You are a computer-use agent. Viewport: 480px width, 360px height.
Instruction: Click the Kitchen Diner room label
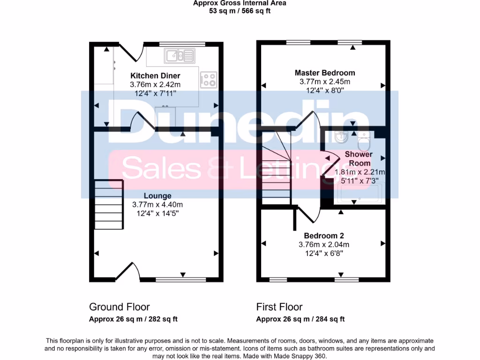(155, 76)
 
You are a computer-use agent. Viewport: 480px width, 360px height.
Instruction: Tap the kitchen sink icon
(179, 56)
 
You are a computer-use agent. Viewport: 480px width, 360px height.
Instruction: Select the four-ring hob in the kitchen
(209, 80)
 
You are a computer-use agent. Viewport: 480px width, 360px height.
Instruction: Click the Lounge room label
(157, 196)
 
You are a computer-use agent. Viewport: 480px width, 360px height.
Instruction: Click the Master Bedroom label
(324, 73)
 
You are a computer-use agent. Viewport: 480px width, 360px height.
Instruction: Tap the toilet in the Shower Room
(364, 139)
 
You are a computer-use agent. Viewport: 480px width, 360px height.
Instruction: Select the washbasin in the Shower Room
(341, 138)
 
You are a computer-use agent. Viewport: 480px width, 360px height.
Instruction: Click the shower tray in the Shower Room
(360, 193)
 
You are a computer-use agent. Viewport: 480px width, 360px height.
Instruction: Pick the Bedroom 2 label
(324, 236)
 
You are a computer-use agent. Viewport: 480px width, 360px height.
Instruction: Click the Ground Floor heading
(120, 307)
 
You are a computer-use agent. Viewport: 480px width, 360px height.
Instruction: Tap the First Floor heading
(279, 307)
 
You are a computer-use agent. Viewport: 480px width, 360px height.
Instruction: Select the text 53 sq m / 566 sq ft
(240, 11)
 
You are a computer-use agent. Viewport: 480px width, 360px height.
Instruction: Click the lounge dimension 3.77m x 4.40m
(157, 204)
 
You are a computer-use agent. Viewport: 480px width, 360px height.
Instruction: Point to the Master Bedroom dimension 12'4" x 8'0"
(324, 90)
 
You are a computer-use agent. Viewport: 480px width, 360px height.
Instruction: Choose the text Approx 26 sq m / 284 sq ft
(300, 319)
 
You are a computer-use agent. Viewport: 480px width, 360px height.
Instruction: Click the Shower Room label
(359, 158)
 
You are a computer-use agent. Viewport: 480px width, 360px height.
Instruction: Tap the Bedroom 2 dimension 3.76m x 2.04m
(324, 244)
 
